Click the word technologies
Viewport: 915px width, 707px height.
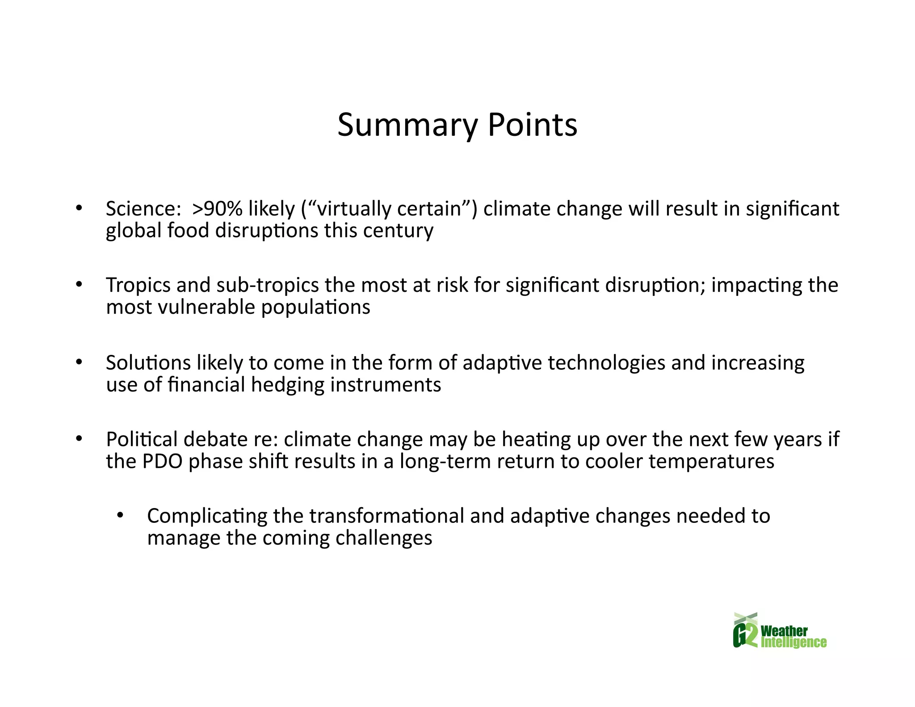(x=606, y=362)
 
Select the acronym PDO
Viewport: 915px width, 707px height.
(x=163, y=461)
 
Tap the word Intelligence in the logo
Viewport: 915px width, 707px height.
(x=793, y=643)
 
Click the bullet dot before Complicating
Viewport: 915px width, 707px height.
(x=120, y=516)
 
